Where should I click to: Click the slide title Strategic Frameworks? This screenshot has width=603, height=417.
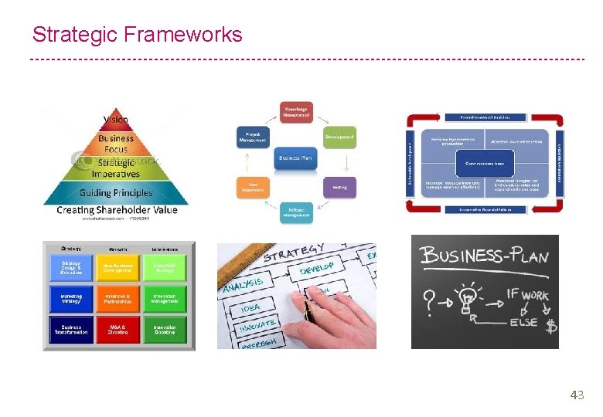coord(137,35)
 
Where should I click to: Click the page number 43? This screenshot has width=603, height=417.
coord(577,395)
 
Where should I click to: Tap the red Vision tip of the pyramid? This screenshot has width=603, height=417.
coord(116,120)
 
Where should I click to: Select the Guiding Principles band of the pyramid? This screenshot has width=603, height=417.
coord(116,192)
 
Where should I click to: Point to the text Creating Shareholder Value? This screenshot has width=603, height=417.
coord(117,210)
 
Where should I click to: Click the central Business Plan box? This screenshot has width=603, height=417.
coord(295,158)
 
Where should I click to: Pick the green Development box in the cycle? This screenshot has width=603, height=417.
coord(339,137)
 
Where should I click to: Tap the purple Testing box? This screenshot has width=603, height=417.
coord(339,187)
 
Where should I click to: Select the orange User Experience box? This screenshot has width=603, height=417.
coord(251,187)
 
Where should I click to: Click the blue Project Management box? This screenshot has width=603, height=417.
coord(251,137)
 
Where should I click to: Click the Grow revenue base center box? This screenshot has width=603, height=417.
coord(485,164)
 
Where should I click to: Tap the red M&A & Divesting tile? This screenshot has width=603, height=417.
coord(118,328)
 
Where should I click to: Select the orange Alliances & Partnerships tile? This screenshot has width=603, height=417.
coord(118,298)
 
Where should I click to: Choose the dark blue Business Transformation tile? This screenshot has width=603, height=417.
coord(71,328)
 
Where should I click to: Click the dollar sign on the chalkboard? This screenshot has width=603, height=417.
coord(550,327)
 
